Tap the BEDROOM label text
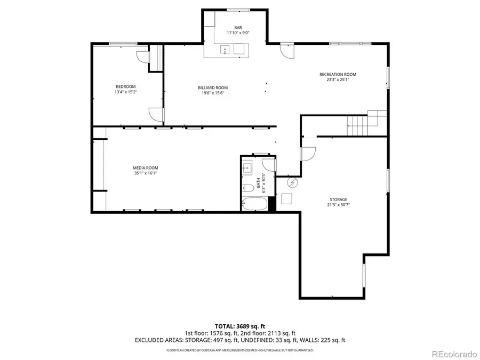click(x=125, y=87)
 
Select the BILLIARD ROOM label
click(x=213, y=88)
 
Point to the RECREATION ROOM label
click(x=338, y=75)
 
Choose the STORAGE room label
click(x=338, y=199)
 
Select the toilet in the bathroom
click(x=248, y=188)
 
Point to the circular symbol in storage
click(x=292, y=183)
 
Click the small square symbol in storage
click(x=286, y=199)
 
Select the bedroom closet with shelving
click(x=156, y=58)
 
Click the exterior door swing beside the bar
click(x=286, y=51)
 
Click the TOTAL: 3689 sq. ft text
click(x=239, y=326)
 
